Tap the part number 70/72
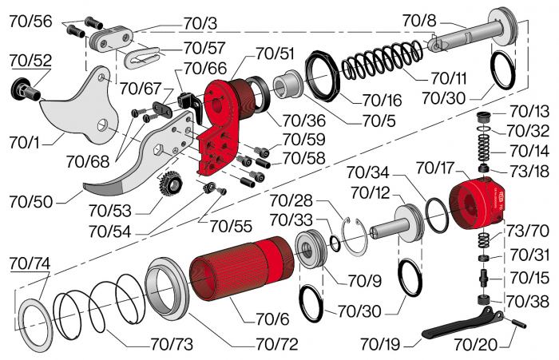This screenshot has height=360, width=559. tap(276, 345)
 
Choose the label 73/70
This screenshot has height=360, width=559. tap(529, 231)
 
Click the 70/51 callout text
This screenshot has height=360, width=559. tap(275, 53)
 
